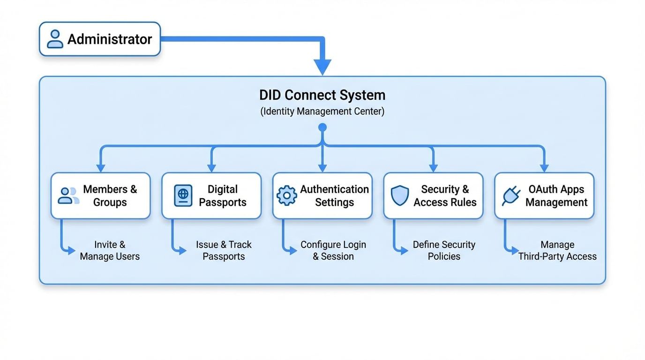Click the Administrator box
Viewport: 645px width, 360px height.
(99, 39)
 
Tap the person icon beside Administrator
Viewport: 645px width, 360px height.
(55, 39)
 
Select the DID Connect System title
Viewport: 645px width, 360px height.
(322, 95)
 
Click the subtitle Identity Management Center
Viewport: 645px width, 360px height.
(322, 112)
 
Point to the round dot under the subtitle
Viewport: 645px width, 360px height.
(322, 127)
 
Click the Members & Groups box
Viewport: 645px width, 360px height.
(100, 195)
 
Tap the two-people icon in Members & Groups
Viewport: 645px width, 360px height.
(68, 195)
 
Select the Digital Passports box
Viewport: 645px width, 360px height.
(211, 195)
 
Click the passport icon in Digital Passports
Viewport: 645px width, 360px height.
(183, 195)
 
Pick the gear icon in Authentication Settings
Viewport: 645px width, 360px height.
(286, 195)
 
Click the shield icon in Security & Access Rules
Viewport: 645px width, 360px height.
(400, 195)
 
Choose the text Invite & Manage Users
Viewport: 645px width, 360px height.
(110, 250)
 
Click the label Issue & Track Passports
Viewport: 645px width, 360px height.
(224, 250)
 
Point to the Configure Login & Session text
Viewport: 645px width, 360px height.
(333, 250)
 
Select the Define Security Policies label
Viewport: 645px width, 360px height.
(444, 250)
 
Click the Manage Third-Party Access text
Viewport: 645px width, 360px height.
(557, 250)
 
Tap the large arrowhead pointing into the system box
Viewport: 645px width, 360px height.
(322, 67)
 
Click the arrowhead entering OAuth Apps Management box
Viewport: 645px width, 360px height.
(544, 168)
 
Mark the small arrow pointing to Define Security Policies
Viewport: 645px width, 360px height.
(404, 251)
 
